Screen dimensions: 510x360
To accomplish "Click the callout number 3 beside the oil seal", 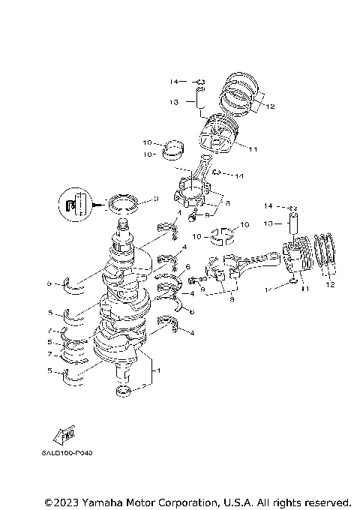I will pos(156,199).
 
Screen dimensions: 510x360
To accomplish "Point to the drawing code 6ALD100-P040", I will pos(72,454).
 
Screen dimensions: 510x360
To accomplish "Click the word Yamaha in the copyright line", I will pos(104,501).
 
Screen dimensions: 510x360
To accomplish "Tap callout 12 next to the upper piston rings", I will pos(270,106).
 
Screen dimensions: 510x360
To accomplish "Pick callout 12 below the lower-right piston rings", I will pos(331,284).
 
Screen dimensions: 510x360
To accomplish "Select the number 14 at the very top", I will pos(172,80).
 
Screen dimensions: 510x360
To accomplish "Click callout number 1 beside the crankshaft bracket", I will pos(157,370).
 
